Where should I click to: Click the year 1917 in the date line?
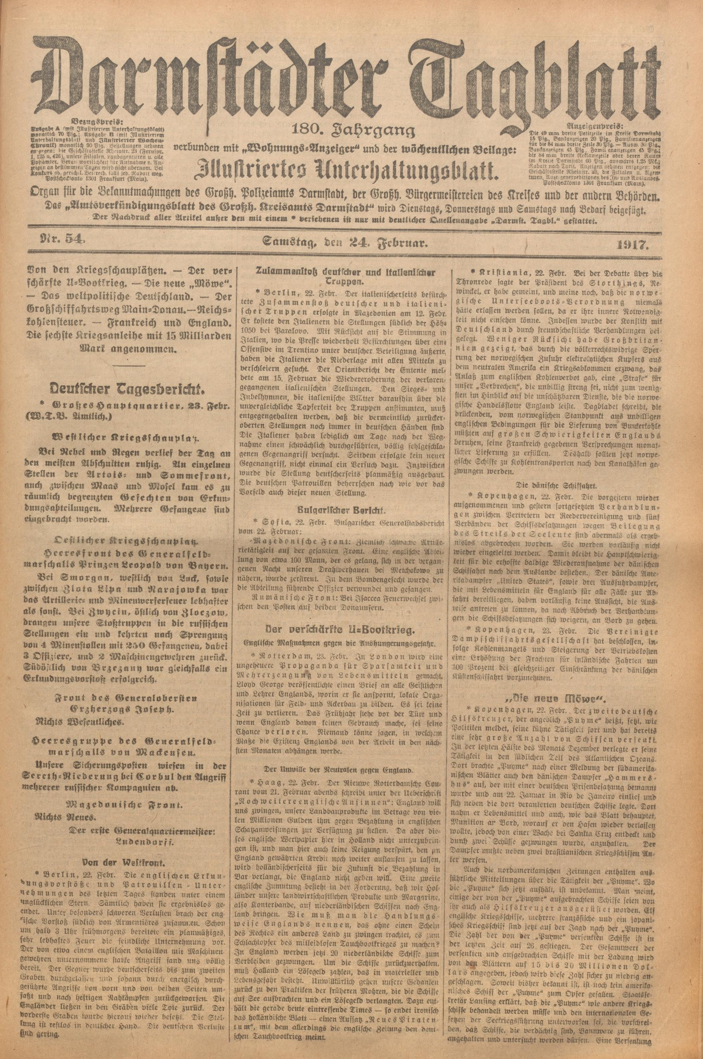[x=635, y=244]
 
